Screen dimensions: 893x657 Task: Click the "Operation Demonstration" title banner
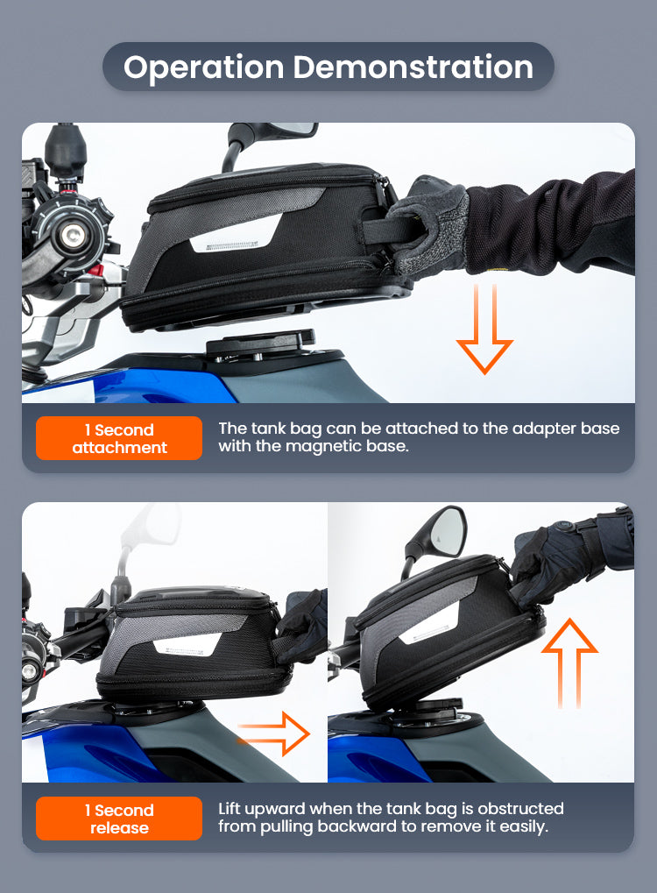[x=328, y=67]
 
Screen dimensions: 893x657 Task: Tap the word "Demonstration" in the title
[x=413, y=67]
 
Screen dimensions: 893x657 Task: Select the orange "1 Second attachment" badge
[x=119, y=438]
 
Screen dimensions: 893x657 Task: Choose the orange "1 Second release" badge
[x=119, y=819]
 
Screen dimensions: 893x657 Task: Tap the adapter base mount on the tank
[x=260, y=344]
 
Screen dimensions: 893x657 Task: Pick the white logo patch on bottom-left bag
[x=186, y=646]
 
